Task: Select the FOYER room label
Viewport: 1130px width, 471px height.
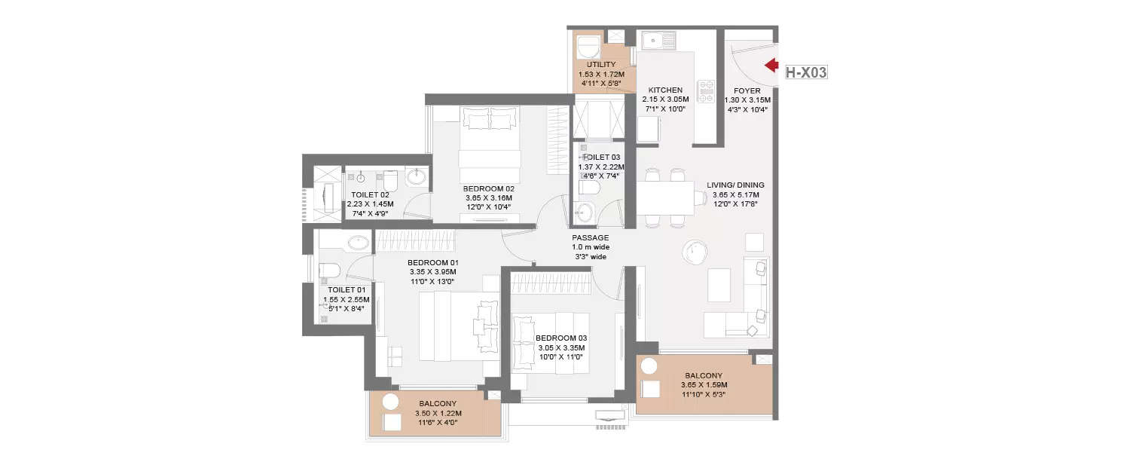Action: [747, 90]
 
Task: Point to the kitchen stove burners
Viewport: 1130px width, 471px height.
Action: [706, 91]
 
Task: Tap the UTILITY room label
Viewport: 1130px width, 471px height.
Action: [601, 65]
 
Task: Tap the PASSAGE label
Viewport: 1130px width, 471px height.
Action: [590, 237]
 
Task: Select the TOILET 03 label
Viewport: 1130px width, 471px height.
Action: [600, 158]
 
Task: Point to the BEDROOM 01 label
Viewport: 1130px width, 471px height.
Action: [432, 262]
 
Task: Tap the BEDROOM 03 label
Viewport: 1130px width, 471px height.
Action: [561, 338]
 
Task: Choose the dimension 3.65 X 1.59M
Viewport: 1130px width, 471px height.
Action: [704, 384]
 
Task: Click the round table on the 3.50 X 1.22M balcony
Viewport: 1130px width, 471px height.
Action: [390, 402]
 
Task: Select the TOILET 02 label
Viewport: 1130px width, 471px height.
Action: [370, 194]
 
